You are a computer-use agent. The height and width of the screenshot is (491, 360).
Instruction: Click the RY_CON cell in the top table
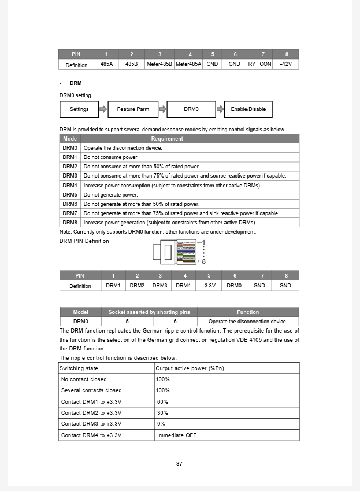coord(259,65)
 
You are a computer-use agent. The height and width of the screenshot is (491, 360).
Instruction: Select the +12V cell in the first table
coord(285,65)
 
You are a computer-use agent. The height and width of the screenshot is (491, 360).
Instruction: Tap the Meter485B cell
coord(159,65)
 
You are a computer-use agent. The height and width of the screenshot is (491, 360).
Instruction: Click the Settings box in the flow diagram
coord(79,109)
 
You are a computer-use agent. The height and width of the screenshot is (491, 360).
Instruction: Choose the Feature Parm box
coord(133,109)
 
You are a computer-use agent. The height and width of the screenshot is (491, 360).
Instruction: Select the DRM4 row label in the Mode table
coord(70,186)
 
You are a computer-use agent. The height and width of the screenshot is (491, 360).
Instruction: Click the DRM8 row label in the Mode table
coord(70,223)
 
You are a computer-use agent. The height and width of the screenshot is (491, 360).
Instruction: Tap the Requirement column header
coord(167,139)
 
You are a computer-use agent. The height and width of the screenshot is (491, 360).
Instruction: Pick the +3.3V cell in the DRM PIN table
coord(209,286)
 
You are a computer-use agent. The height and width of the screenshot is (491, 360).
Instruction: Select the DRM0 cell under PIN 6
coord(234,286)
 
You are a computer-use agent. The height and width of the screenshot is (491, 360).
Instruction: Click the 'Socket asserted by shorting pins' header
coord(149,312)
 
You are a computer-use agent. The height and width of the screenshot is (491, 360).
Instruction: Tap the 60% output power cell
coord(162,402)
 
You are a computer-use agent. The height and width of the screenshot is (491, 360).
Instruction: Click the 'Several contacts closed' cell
coord(91,390)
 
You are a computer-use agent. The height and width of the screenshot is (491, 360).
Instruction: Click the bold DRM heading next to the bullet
coord(76,83)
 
